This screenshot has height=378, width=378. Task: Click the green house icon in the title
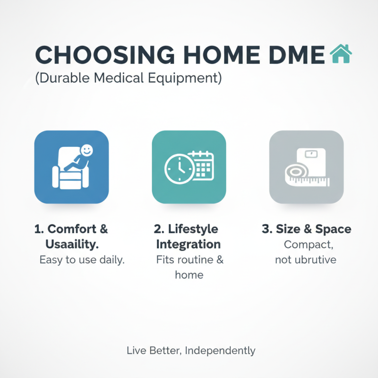(341, 54)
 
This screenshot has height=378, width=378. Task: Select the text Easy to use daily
(82, 260)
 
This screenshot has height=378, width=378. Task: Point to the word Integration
(188, 244)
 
